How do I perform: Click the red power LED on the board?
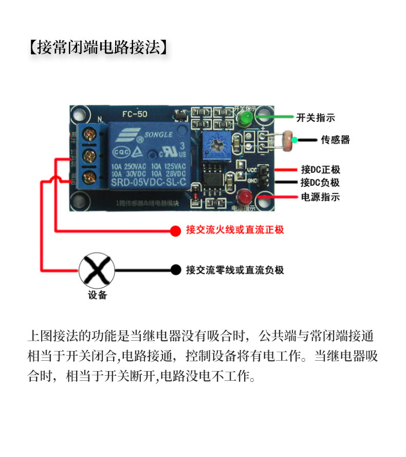[244, 197]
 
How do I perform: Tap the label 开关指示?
[316, 118]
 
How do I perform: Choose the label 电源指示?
[320, 197]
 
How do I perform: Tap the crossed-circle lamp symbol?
[97, 270]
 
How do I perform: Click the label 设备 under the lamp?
[97, 295]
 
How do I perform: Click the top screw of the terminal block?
[91, 135]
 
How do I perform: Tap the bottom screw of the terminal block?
[91, 178]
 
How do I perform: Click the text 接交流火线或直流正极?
[235, 230]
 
